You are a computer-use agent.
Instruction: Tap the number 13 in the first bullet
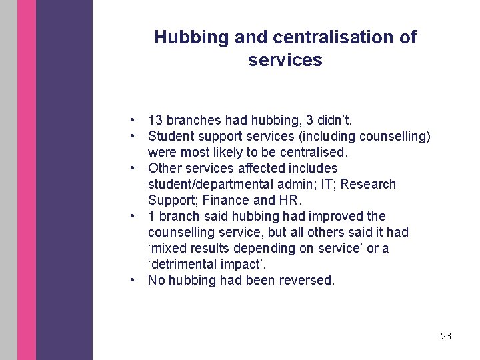[155, 120]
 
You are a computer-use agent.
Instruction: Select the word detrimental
[188, 264]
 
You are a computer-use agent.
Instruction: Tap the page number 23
[446, 336]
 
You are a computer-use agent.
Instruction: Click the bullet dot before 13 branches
[134, 120]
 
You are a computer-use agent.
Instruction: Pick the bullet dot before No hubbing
[134, 280]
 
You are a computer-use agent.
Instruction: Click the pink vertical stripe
[27, 180]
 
